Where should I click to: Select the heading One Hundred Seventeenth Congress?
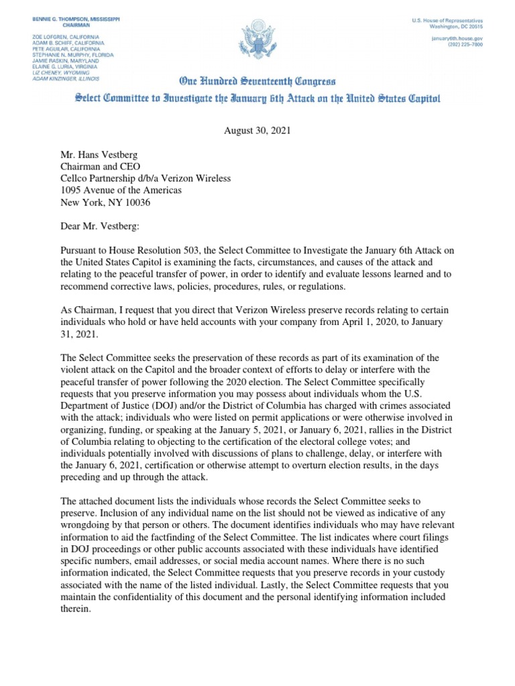[x=257, y=82]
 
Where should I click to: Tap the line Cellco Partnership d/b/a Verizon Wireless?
[x=146, y=178]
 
